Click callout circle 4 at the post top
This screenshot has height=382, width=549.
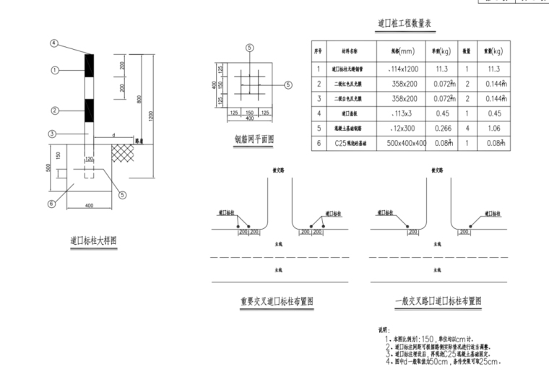53,43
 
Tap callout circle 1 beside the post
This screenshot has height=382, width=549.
53,70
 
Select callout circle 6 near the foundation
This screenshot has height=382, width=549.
51,204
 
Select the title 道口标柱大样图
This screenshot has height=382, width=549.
93,241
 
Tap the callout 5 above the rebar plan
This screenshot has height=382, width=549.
249,48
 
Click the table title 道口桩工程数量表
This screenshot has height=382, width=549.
404,24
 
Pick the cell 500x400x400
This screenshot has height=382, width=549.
407,143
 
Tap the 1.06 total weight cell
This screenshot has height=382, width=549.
494,128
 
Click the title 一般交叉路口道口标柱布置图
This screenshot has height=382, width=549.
438,301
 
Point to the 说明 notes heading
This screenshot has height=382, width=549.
384,329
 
